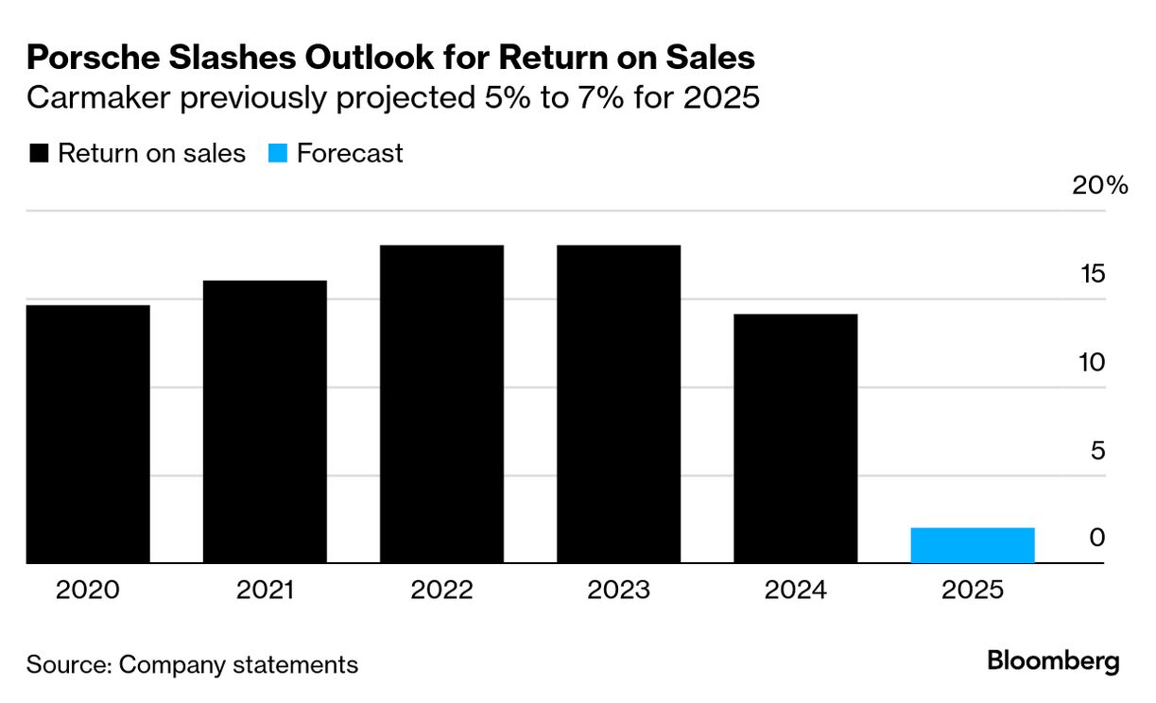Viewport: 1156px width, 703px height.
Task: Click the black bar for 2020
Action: coord(88,434)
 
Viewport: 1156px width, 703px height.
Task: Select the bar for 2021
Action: coord(265,421)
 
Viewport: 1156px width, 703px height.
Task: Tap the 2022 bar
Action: coord(441,404)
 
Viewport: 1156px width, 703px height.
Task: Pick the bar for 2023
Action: coord(618,404)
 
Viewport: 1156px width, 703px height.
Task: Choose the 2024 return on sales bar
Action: coord(795,438)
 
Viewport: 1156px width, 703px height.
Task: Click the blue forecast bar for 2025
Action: coord(973,545)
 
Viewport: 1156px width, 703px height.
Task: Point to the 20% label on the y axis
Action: coord(1099,185)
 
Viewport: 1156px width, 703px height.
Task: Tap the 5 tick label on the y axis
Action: coord(1097,451)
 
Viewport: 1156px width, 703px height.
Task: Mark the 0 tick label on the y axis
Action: coord(1096,538)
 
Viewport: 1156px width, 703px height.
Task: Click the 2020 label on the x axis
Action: coord(88,591)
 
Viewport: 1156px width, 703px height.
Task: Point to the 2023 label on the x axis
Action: coord(618,591)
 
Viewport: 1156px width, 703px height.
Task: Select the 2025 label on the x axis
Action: coord(973,591)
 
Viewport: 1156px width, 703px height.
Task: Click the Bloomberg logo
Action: coord(1053,661)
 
